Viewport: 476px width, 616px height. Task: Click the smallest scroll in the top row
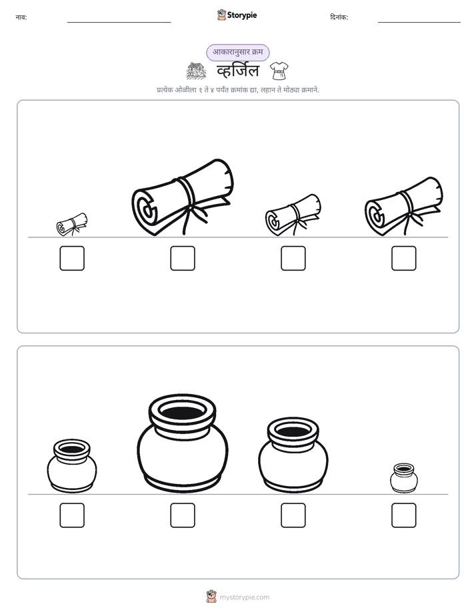coord(72,224)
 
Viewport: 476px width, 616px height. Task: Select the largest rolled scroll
coord(182,197)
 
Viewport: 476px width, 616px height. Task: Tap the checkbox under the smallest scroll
coord(72,258)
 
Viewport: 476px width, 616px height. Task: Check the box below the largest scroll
coord(183,258)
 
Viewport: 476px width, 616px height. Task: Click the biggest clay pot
coord(183,443)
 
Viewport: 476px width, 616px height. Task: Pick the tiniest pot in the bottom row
coord(404,478)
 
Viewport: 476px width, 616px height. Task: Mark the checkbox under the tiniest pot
coord(404,515)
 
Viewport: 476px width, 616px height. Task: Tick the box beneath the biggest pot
coord(183,515)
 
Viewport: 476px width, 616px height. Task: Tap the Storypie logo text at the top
coord(242,15)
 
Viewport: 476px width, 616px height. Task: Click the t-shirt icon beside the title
coord(279,71)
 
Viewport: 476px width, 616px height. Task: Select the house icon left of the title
coord(196,71)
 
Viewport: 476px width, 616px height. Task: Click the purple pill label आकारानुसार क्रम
coord(238,52)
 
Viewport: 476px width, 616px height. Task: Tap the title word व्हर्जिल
coord(238,71)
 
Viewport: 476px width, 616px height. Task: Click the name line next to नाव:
coord(119,23)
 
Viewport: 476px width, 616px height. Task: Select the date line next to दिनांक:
coord(419,23)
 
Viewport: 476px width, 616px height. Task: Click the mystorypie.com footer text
coord(244,597)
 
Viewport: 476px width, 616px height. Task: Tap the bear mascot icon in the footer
coord(211,597)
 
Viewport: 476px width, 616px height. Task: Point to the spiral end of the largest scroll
coord(146,211)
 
